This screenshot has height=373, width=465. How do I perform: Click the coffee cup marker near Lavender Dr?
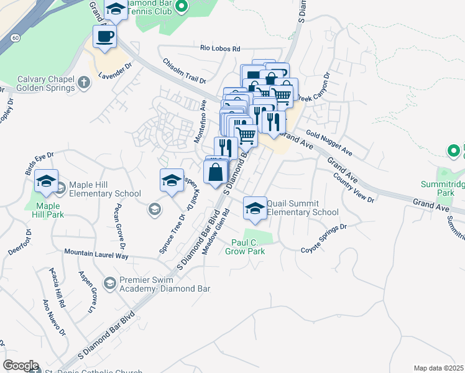[x=104, y=35]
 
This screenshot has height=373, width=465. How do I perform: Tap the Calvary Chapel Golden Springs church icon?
[x=85, y=81]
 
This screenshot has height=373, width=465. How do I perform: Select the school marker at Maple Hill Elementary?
[x=46, y=181]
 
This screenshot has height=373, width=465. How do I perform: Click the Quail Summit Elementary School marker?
[x=254, y=208]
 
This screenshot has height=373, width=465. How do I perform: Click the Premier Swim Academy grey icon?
[x=110, y=283]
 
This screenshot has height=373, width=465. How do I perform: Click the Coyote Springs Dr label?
[x=323, y=239]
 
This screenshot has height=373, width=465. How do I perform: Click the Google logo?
[x=21, y=366]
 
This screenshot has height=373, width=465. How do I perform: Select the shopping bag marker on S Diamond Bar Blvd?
[x=215, y=172]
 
